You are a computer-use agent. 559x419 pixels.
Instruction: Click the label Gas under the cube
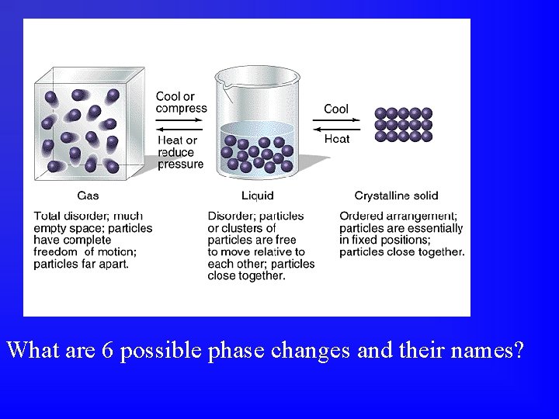coord(88,196)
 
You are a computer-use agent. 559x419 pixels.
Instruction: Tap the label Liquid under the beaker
coord(257,196)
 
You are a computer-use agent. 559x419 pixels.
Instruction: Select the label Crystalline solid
coord(396,196)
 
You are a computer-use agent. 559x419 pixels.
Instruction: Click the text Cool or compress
coord(181,102)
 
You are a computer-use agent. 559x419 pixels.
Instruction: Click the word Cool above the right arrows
coord(336,109)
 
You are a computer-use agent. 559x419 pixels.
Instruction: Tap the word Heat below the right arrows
coord(337,139)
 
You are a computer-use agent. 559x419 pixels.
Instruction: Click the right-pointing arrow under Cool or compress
coord(179,121)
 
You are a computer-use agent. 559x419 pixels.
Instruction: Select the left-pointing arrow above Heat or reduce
coord(179,130)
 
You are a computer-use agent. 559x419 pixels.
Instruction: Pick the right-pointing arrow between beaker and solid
coord(336,120)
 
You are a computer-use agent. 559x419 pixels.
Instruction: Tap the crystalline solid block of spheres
coord(403,124)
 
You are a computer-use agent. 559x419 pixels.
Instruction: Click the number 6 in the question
coord(108,351)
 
